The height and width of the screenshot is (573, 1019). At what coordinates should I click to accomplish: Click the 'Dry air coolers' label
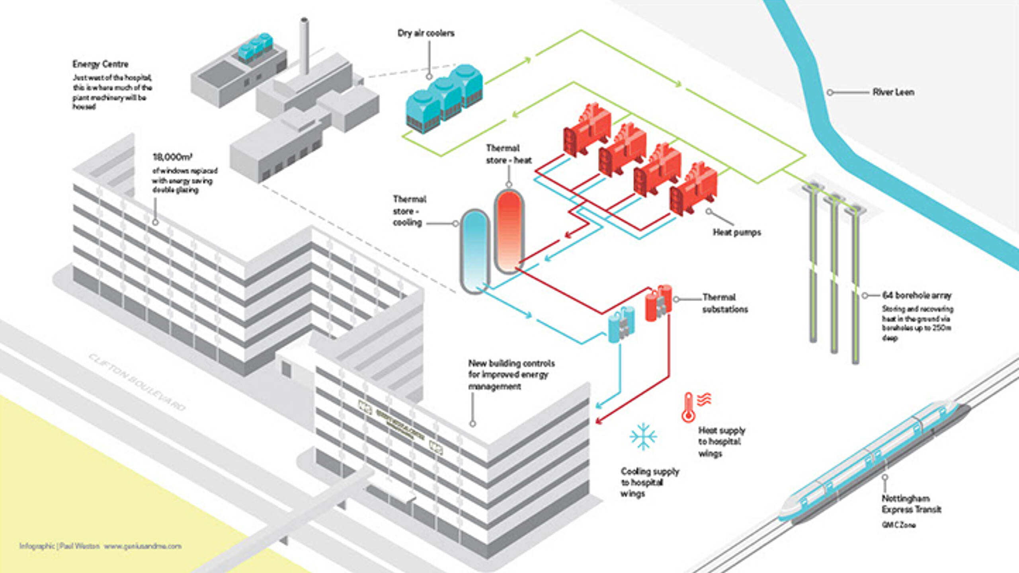coord(426,33)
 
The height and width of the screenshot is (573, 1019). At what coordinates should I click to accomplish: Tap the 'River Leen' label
coord(893,92)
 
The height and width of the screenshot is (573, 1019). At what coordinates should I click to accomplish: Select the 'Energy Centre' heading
coord(100,64)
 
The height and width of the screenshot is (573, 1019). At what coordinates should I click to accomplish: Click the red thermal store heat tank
coord(509,231)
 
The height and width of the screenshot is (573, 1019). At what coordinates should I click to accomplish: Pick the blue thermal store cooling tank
coord(474,251)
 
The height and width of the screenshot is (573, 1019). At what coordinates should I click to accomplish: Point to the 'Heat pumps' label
coord(736,232)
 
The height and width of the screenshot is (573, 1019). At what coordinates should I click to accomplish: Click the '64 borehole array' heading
coord(917,295)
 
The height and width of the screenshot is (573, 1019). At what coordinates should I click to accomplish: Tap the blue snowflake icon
coord(643,436)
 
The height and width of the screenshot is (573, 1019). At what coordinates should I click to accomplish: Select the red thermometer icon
coord(689,407)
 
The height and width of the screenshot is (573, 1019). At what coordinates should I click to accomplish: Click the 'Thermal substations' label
coord(724,303)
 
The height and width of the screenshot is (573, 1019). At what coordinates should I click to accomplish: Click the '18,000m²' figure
coord(172,157)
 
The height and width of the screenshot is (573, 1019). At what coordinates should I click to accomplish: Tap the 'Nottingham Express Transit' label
coord(911,504)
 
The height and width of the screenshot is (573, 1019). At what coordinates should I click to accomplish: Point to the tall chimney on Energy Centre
coord(304,46)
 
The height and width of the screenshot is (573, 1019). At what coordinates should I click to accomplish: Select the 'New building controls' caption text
coord(511,374)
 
